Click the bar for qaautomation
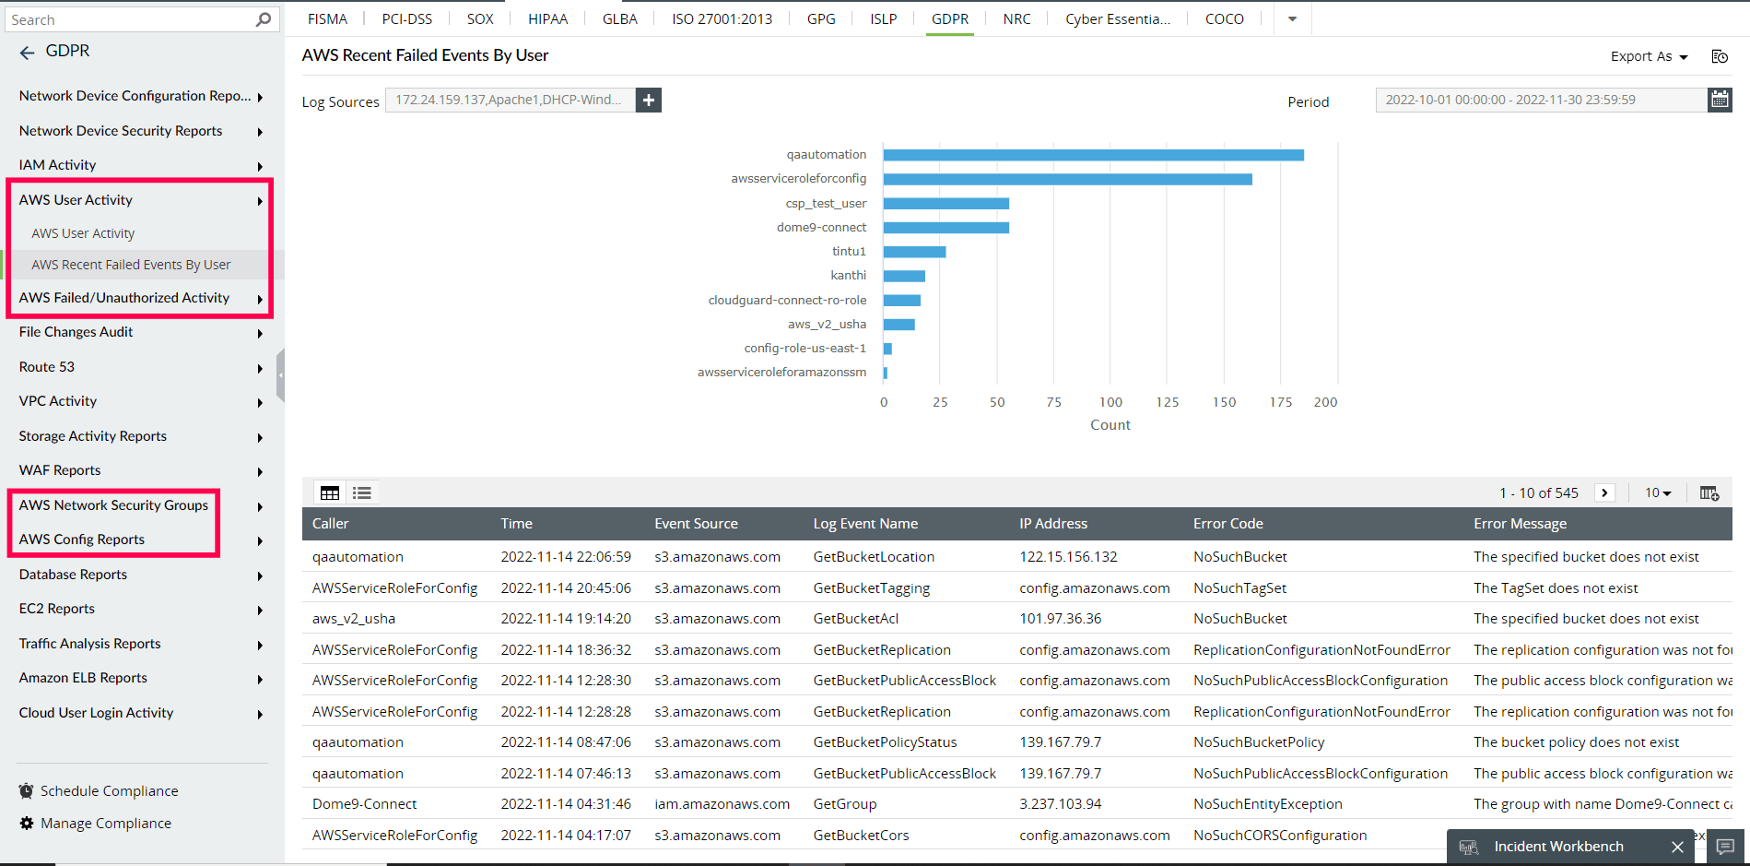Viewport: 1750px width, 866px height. [x=1093, y=155]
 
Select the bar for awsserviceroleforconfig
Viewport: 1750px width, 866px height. [x=1067, y=179]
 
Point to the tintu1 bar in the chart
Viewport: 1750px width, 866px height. [x=914, y=252]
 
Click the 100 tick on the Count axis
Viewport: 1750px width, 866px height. [x=1110, y=402]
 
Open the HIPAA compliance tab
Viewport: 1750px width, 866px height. [x=547, y=18]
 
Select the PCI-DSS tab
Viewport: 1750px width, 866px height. [x=406, y=18]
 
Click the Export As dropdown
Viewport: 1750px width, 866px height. [x=1649, y=56]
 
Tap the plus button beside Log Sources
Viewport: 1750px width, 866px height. [x=649, y=101]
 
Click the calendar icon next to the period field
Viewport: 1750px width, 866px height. [x=1720, y=100]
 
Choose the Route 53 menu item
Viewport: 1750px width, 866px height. [x=47, y=367]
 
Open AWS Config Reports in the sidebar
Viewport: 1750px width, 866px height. [x=82, y=540]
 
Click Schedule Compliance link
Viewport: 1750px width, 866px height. [x=109, y=791]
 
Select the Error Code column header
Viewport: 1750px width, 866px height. [x=1227, y=524]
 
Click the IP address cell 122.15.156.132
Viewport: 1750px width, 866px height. [x=1068, y=557]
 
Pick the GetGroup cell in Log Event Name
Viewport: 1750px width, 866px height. [x=844, y=804]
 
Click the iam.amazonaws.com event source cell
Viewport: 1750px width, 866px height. [x=722, y=804]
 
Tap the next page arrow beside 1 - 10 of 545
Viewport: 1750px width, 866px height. [x=1604, y=493]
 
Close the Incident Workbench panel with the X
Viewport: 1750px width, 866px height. [x=1677, y=847]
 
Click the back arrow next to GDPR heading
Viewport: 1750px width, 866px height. [x=27, y=53]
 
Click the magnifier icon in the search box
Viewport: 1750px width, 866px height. [x=264, y=19]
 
